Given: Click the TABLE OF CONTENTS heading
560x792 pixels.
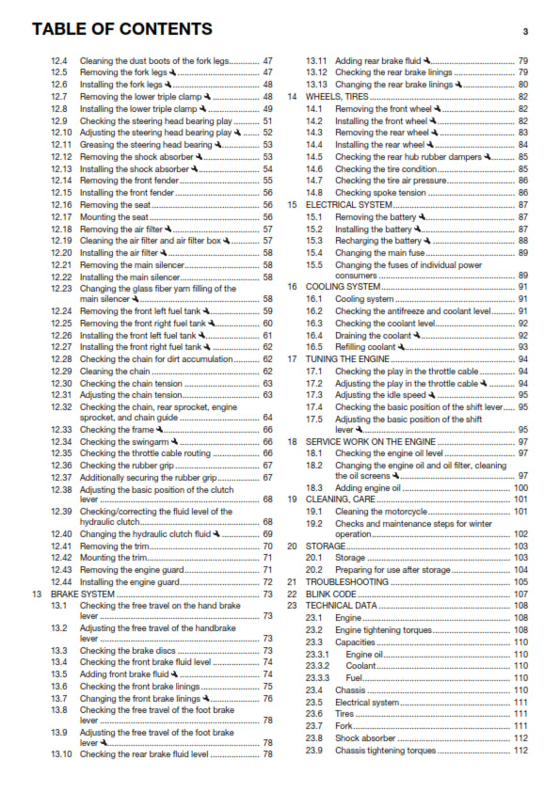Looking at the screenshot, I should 122,30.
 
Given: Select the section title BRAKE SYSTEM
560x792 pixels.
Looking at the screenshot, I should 82,594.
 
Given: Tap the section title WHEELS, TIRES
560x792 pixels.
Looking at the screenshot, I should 335,97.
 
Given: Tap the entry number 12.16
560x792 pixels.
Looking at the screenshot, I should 61,204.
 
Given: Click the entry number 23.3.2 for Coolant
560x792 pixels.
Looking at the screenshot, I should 319,666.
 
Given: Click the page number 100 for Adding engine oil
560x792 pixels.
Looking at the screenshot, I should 520,488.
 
